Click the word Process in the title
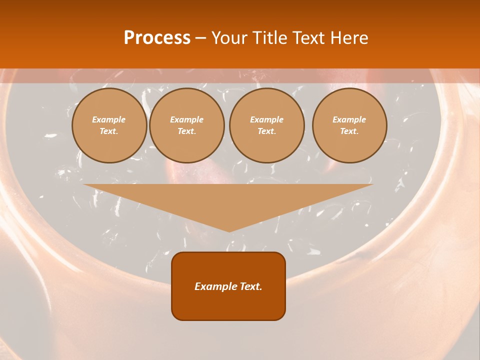(x=157, y=38)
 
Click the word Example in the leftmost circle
(x=109, y=119)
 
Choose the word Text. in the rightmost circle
(x=349, y=131)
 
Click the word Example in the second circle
(x=187, y=119)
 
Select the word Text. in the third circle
(x=267, y=131)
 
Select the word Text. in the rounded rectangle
(x=249, y=286)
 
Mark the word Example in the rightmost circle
(x=349, y=119)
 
